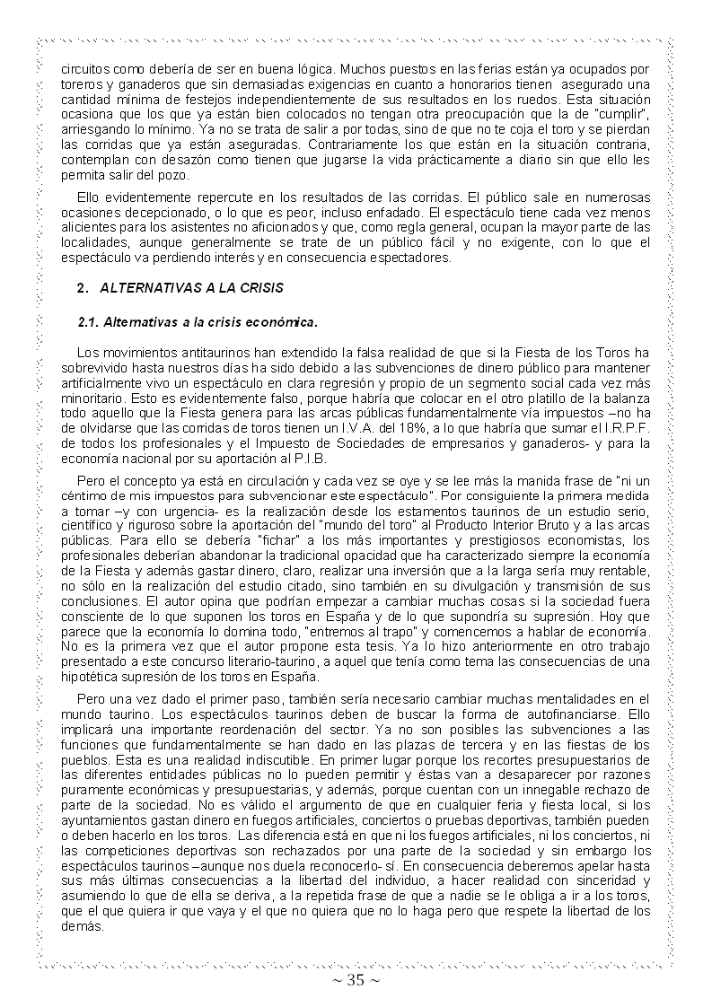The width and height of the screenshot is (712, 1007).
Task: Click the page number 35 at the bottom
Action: pyautogui.click(x=356, y=980)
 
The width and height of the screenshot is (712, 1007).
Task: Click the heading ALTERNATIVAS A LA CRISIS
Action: pyautogui.click(x=191, y=288)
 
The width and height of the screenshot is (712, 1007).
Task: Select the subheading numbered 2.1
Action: pyautogui.click(x=198, y=320)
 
